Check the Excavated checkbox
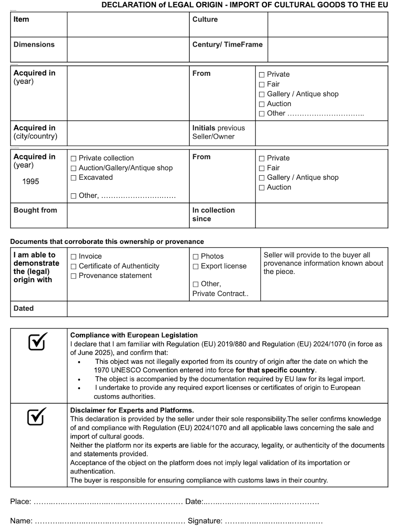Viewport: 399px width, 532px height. [x=73, y=178]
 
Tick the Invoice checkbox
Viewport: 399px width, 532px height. [x=73, y=257]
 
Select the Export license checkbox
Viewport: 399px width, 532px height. [x=196, y=266]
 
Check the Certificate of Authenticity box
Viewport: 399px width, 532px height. [x=73, y=266]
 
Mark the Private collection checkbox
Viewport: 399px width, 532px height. [x=73, y=159]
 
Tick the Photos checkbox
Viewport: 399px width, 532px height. [x=196, y=257]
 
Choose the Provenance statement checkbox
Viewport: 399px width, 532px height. [x=73, y=276]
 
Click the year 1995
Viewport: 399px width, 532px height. [x=31, y=182]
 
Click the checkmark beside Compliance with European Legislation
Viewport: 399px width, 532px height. [x=38, y=341]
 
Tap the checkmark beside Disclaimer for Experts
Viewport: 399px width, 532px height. [x=37, y=416]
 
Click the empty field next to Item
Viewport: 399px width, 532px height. [x=128, y=25]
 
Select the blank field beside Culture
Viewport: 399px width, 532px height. [x=328, y=25]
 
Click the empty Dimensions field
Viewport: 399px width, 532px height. [x=128, y=50]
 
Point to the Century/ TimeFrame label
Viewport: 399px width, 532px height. [x=228, y=45]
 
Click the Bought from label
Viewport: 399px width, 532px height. [x=35, y=210]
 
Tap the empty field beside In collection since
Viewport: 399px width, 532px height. [x=321, y=215]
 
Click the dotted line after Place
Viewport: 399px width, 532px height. [x=108, y=502]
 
